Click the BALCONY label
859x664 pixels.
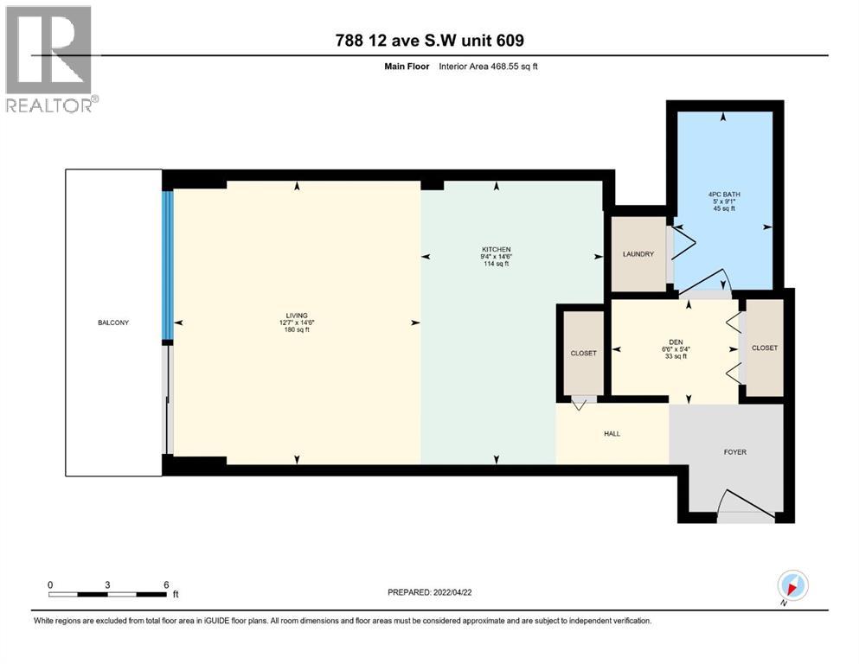(113, 322)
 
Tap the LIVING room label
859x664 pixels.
(298, 316)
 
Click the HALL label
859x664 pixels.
(612, 434)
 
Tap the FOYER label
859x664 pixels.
(734, 452)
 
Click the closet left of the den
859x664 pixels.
(584, 353)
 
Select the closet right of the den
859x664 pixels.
(765, 348)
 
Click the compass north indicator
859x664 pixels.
(792, 587)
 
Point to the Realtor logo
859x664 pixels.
(49, 59)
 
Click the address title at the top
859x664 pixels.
(429, 41)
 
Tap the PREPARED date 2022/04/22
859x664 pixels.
(429, 592)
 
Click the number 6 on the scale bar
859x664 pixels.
(165, 584)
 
